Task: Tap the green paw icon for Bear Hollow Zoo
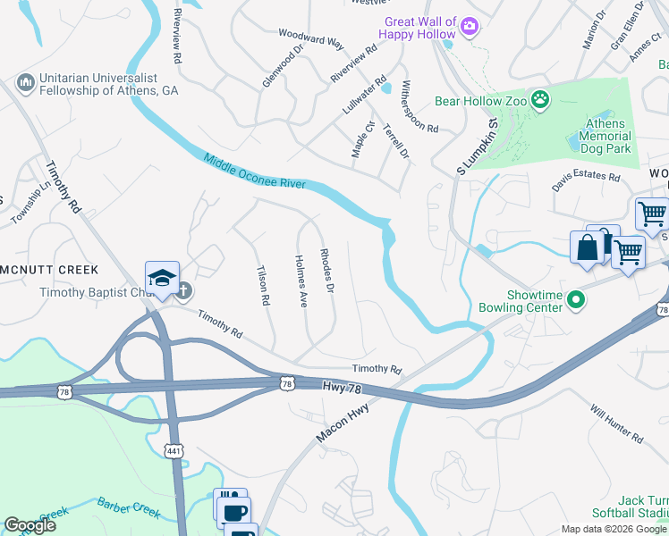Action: (x=540, y=99)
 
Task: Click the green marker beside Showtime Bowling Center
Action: (x=576, y=301)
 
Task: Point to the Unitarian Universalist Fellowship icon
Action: (x=25, y=84)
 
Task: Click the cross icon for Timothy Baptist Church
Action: (x=183, y=289)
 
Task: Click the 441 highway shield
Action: (x=174, y=450)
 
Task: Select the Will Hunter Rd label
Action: (x=616, y=423)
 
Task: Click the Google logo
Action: (x=30, y=525)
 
